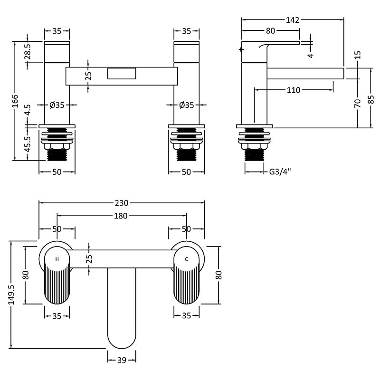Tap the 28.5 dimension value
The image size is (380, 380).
tap(28, 51)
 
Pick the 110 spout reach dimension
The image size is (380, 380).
tap(294, 90)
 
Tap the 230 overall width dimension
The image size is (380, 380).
tap(122, 203)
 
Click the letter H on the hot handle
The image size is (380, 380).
tap(57, 259)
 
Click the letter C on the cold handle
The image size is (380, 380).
tap(187, 259)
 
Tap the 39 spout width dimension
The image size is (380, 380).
tap(122, 361)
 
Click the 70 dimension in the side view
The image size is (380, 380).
tap(358, 103)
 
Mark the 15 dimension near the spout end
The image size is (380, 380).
tap(358, 55)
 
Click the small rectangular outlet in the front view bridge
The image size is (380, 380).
tap(122, 74)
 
